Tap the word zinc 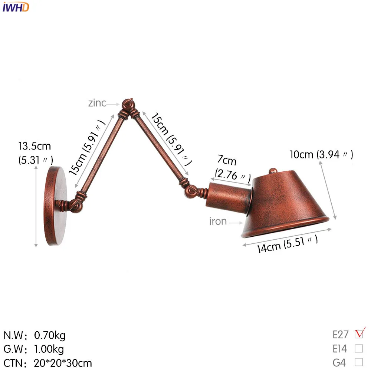[97, 103]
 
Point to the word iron [218, 221]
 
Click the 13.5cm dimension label [35, 146]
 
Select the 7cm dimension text [227, 161]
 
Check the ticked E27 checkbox [359, 334]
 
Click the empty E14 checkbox [359, 348]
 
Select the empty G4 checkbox [359, 362]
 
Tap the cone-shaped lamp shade [284, 204]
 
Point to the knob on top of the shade [273, 170]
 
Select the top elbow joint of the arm [128, 105]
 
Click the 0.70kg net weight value [50, 336]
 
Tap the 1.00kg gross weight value [49, 349]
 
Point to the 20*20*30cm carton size [63, 362]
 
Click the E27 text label [340, 335]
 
